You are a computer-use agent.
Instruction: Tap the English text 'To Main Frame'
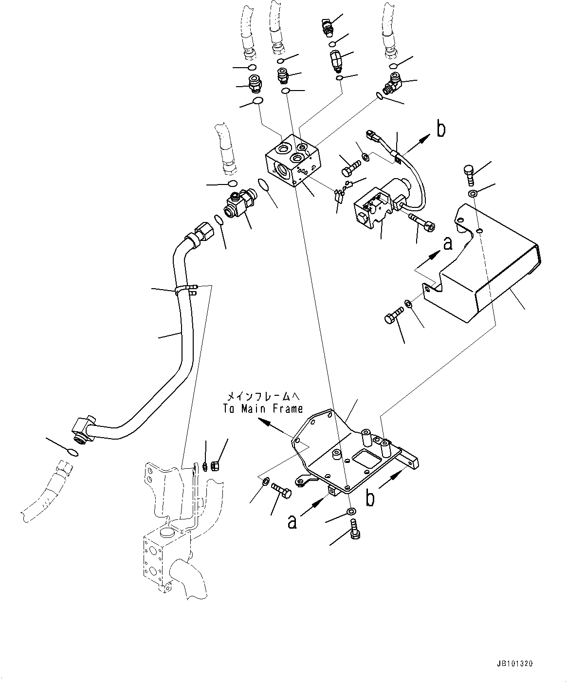[x=263, y=409]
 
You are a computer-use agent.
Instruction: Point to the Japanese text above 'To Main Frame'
[x=263, y=397]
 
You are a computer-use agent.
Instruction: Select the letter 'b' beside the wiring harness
[x=441, y=129]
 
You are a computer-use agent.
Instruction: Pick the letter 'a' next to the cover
[x=448, y=242]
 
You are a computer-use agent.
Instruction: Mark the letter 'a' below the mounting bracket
[x=292, y=522]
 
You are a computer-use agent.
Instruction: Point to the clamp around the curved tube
[x=185, y=291]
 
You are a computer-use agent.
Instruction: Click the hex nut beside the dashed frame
[x=219, y=466]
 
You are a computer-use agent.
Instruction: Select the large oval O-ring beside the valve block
[x=264, y=185]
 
